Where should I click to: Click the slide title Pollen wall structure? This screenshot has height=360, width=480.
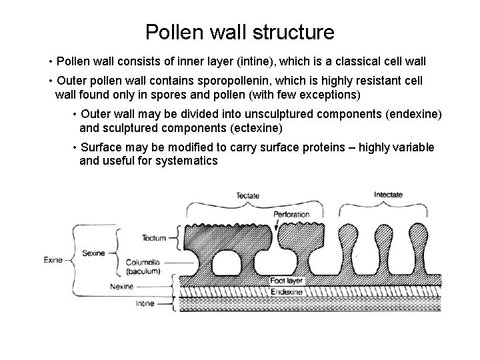pyautogui.click(x=239, y=31)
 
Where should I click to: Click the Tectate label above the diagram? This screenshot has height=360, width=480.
pyautogui.click(x=247, y=195)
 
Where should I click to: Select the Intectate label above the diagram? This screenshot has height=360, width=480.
pyautogui.click(x=387, y=195)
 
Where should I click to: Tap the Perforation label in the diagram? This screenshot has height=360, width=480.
pyautogui.click(x=291, y=215)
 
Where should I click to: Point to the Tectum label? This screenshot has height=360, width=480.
pyautogui.click(x=154, y=238)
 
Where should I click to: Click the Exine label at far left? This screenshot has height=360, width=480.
pyautogui.click(x=53, y=259)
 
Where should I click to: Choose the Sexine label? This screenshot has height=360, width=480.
pyautogui.click(x=93, y=253)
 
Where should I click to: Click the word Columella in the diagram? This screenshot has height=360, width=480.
pyautogui.click(x=143, y=264)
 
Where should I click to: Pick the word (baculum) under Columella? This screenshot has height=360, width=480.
pyautogui.click(x=143, y=272)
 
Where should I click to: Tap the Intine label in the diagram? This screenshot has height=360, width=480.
pyautogui.click(x=145, y=304)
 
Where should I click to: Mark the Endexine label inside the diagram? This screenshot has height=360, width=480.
pyautogui.click(x=287, y=292)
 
